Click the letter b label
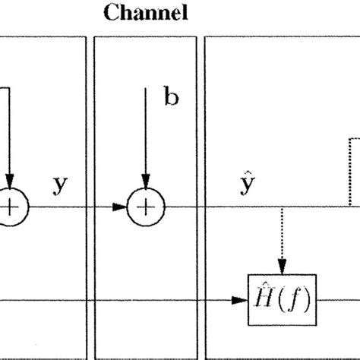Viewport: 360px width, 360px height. (x=172, y=99)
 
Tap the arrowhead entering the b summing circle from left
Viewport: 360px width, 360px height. (x=121, y=206)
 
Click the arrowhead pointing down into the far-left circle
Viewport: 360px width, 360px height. (x=9, y=183)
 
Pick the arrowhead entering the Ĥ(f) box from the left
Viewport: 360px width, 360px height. (x=244, y=299)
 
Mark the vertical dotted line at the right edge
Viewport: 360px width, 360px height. (x=350, y=171)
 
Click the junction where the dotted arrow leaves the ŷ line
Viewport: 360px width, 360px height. (x=282, y=206)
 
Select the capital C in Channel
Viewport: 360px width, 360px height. (x=111, y=13)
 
